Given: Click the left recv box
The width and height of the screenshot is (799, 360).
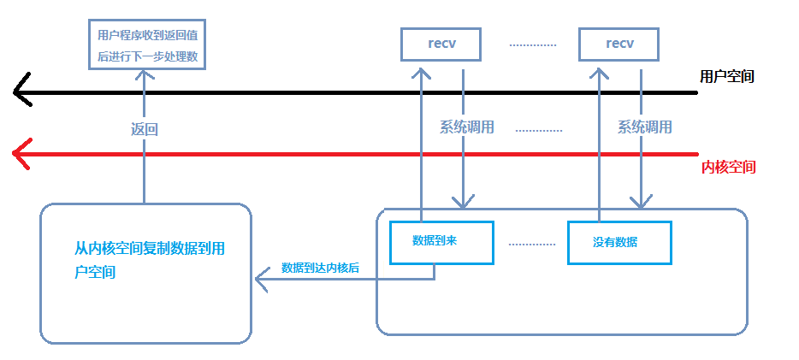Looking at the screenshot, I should tap(441, 44).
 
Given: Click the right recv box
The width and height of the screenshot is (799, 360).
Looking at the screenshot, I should tap(618, 44).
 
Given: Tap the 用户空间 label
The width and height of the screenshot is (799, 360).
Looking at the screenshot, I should tap(727, 76).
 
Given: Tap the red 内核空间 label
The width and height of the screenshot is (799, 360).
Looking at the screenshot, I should tap(728, 167).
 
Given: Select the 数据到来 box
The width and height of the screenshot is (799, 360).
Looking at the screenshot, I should tap(441, 242).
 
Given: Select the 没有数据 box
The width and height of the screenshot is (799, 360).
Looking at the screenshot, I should tap(619, 243).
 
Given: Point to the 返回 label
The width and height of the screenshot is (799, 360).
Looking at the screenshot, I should tap(145, 129).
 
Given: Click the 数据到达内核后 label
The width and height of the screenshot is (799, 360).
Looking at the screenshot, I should tap(320, 268).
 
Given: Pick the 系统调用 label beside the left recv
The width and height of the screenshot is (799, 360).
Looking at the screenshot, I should tap(467, 127).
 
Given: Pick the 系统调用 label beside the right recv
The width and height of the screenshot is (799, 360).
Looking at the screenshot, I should tap(645, 127).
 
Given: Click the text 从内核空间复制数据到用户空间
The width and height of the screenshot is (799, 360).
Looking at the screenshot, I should tap(149, 261).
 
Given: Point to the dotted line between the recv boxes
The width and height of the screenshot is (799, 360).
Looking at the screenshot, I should tap(533, 44).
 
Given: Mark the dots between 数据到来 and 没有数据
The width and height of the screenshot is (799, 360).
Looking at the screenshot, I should tap(531, 244).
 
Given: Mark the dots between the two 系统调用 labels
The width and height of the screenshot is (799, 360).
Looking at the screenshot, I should tap(539, 130).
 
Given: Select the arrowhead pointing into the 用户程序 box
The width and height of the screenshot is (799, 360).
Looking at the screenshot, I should tap(145, 75).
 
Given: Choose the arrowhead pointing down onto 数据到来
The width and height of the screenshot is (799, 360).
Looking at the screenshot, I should tap(463, 202).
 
